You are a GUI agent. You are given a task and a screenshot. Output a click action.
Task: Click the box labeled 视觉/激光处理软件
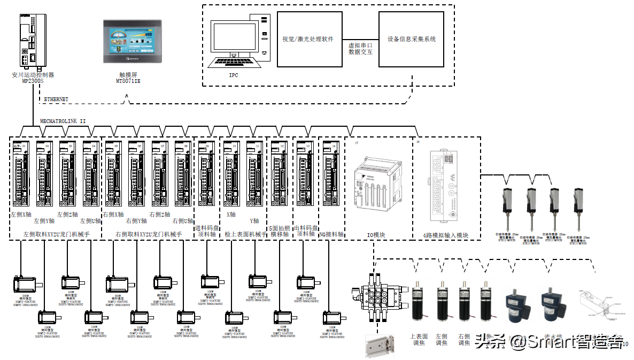pyautogui.click(x=308, y=39)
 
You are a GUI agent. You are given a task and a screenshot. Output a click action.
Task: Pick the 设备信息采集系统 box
pyautogui.click(x=411, y=39)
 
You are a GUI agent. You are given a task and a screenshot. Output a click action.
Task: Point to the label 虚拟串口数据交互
pyautogui.click(x=360, y=49)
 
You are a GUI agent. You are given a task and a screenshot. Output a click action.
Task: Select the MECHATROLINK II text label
pyautogui.click(x=63, y=121)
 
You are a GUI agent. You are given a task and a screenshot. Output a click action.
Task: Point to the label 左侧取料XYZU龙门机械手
pyautogui.click(x=56, y=234)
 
